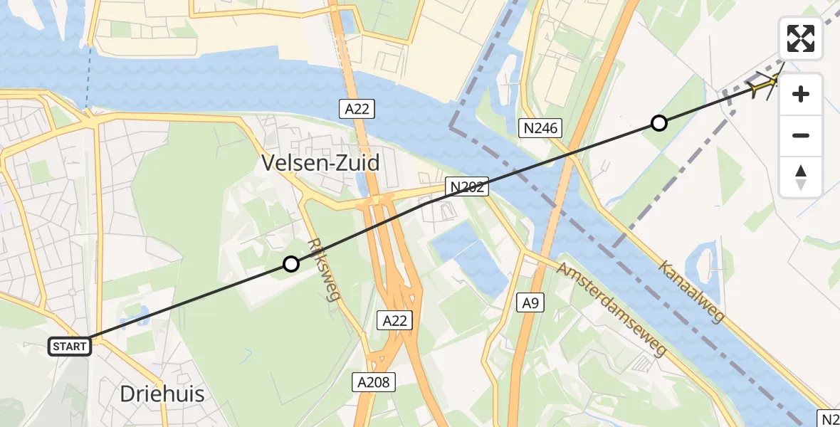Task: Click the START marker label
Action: (x=70, y=347)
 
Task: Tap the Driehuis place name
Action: (x=162, y=394)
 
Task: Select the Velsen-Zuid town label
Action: (x=320, y=163)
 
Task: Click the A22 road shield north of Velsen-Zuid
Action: (x=356, y=109)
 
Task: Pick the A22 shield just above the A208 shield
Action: (x=394, y=321)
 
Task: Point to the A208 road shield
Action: (x=373, y=382)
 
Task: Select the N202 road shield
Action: (x=467, y=187)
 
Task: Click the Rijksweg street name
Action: (x=323, y=270)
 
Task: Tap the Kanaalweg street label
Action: (x=691, y=292)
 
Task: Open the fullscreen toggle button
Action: (x=801, y=38)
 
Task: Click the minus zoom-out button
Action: (x=801, y=135)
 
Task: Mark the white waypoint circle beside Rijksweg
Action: (x=290, y=264)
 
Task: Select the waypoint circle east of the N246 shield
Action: (x=659, y=123)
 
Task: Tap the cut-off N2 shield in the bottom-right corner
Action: (x=829, y=418)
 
